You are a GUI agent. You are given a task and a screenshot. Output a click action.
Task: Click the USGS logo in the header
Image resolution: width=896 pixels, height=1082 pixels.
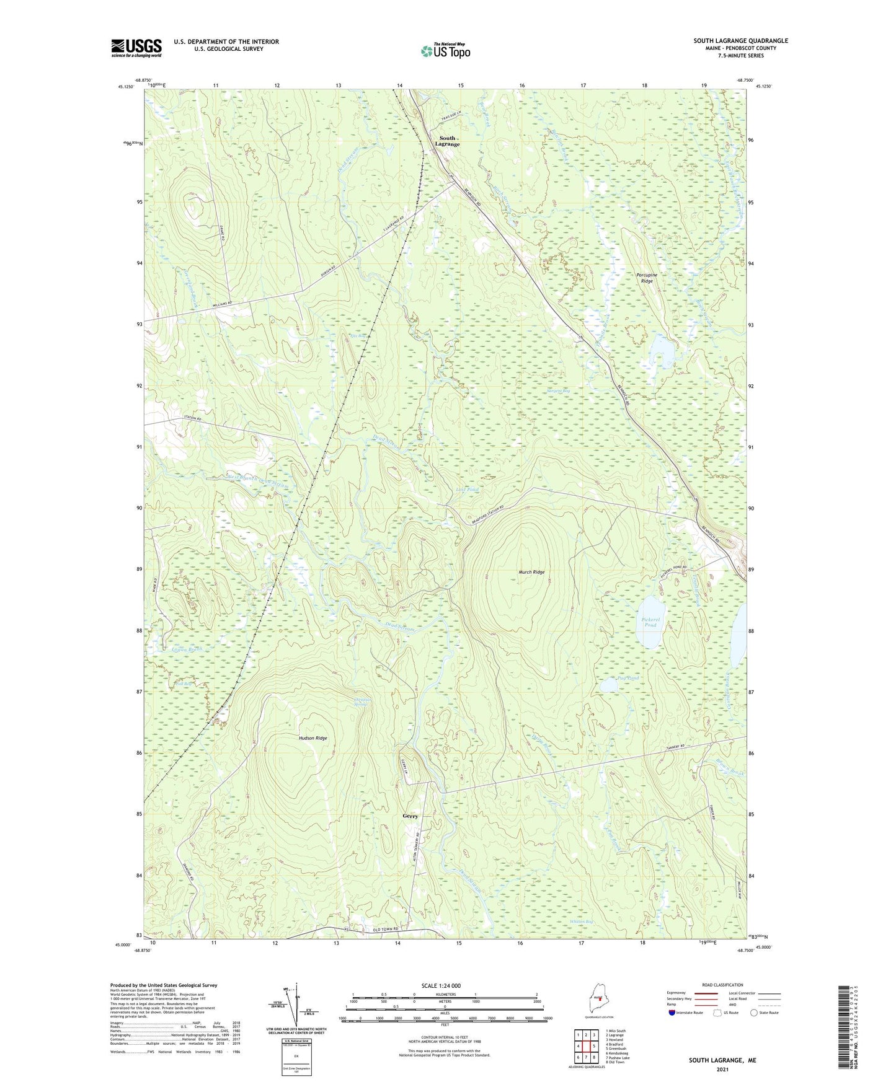(x=136, y=48)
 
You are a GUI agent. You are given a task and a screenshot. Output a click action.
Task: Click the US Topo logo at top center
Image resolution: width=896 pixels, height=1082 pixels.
(x=445, y=51)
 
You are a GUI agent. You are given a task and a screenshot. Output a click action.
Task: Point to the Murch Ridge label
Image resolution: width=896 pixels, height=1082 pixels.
(x=531, y=572)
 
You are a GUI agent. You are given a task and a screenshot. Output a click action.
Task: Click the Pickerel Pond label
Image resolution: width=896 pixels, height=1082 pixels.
(x=650, y=622)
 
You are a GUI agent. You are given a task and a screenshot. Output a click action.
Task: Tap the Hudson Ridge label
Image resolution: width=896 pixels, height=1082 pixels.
(x=313, y=738)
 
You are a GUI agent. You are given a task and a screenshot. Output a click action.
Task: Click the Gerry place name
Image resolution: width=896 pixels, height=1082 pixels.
(x=410, y=816)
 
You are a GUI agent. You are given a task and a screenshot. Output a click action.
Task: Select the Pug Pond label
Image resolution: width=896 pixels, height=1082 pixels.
(x=628, y=679)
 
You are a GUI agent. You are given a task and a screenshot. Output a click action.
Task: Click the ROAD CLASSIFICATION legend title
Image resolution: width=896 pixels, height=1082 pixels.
(x=722, y=985)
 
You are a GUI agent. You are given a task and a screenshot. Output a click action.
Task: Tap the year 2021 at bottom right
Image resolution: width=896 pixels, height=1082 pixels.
(x=722, y=1069)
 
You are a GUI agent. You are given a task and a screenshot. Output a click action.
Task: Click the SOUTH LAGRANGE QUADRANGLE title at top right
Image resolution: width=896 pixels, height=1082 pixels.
(x=740, y=41)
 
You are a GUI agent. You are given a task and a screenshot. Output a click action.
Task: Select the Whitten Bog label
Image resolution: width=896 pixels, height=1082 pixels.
(x=581, y=921)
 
